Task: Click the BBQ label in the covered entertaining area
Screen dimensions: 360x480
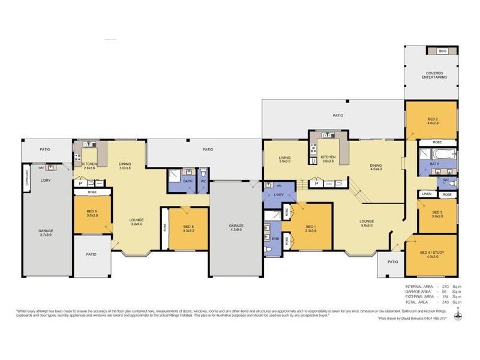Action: click(443, 52)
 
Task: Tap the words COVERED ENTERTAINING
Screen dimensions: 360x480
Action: click(432, 75)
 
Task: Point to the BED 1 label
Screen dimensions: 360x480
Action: click(310, 227)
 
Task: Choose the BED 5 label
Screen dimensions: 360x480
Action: click(188, 228)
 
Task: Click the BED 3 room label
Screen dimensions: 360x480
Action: click(437, 213)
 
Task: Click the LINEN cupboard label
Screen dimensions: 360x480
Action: click(427, 194)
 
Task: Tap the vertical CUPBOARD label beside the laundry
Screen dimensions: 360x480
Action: click(27, 178)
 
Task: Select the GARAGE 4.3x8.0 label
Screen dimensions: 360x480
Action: click(236, 228)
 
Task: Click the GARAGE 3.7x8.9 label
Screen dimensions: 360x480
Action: click(46, 232)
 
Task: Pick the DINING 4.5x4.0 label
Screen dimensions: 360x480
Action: click(376, 167)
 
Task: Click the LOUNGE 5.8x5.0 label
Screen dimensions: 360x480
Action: click(367, 223)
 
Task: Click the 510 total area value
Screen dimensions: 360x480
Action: click(444, 302)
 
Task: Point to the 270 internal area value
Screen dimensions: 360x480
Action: click(444, 287)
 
